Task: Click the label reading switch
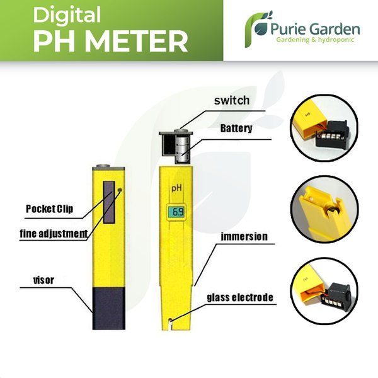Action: tap(232, 100)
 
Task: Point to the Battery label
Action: tap(236, 129)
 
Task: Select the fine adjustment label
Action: tap(52, 233)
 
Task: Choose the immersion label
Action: tap(243, 237)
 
